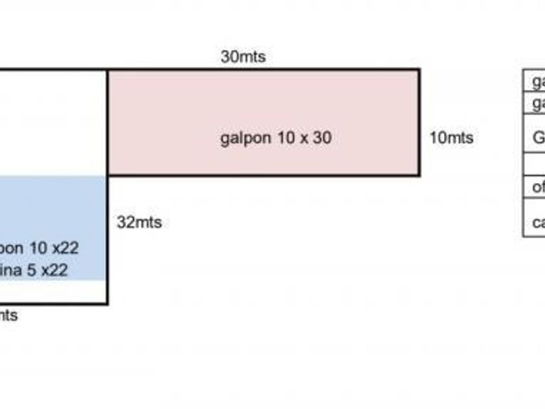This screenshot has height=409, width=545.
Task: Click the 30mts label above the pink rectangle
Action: [243, 56]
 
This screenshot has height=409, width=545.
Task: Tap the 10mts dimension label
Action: [451, 138]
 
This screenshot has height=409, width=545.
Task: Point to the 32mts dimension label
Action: [139, 222]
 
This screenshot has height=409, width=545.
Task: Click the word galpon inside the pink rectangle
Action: [241, 138]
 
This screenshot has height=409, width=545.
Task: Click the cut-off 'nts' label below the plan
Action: [8, 316]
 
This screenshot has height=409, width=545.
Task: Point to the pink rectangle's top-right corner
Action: [419, 70]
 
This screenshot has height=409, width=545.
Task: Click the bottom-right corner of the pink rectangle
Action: [419, 175]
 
